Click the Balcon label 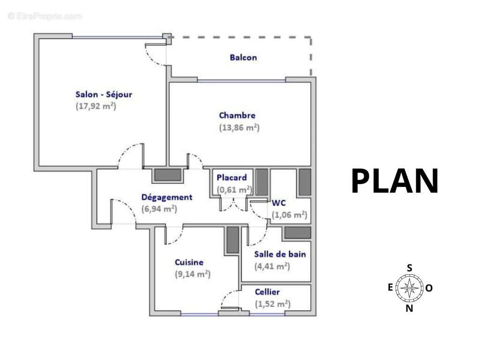pos(243,58)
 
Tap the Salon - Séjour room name pos(104,94)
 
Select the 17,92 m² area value pos(96,106)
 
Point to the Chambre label pos(237,115)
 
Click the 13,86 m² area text pos(240,127)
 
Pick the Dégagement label pos(167,197)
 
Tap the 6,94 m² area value pos(159,209)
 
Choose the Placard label pos(232,178)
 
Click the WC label pos(279,203)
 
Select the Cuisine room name pos(189,262)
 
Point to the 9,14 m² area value pos(193,274)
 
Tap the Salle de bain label pos(280,254)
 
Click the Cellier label pos(267,292)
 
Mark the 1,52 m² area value pos(273,304)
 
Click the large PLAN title pos(395,181)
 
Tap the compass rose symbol pos(410,288)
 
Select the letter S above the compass pos(409,268)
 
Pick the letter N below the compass pos(409,308)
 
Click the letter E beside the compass pos(390,287)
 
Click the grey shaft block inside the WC pos(305,182)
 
